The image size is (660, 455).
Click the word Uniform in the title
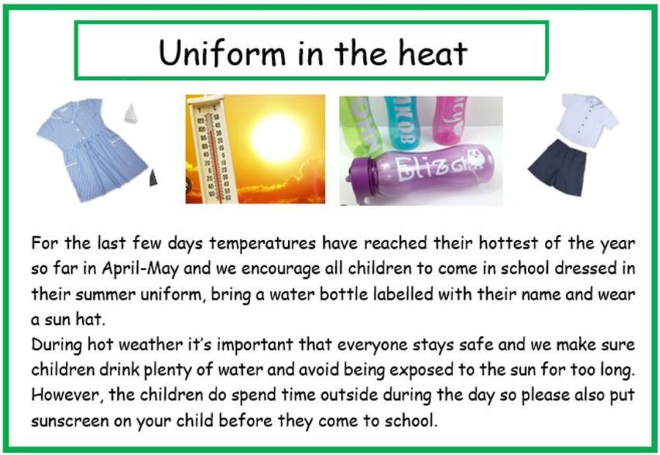tap(222, 53)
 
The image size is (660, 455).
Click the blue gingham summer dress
tap(92, 149)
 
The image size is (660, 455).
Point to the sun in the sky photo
tap(276, 138)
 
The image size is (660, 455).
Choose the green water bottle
tap(359, 125)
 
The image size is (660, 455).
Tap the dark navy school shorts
tap(558, 167)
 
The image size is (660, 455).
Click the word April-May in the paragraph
tap(141, 269)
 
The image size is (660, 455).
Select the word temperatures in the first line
tap(263, 244)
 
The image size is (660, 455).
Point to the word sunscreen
tap(70, 421)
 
